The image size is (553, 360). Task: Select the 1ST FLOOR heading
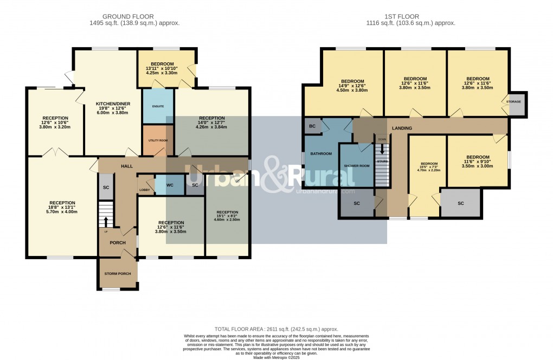[x=410, y=17]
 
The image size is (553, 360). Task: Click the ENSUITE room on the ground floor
[x=157, y=106]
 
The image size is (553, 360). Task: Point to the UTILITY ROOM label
[x=158, y=140]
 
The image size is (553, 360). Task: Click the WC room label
[x=170, y=185]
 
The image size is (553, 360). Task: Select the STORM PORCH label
[x=118, y=273]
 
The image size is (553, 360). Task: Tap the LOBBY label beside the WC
[x=145, y=190]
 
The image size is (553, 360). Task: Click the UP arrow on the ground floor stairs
[x=106, y=221]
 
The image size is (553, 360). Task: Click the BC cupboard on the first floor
[x=312, y=126]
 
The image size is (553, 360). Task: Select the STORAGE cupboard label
[x=513, y=101]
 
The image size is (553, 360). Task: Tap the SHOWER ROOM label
[x=357, y=166]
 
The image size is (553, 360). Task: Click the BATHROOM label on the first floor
[x=320, y=153]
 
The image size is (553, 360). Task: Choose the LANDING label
[x=402, y=128]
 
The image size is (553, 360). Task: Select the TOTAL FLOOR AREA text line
[x=276, y=329]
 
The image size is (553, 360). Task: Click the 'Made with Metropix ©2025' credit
[x=276, y=357]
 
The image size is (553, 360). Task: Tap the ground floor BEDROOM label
[x=162, y=63]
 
